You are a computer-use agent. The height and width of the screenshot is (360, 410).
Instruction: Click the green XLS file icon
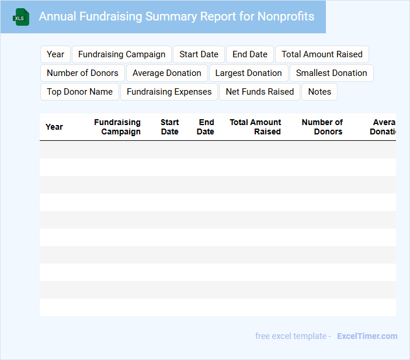(21, 18)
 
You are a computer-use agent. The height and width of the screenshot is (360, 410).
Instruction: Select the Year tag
(55, 54)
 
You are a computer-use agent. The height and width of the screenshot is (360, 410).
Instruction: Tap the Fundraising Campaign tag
(121, 54)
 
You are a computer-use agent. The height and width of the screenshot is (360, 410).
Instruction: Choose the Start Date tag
(199, 54)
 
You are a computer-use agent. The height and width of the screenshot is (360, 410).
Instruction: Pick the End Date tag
(250, 54)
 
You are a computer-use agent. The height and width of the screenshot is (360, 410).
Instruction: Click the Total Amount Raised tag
(322, 54)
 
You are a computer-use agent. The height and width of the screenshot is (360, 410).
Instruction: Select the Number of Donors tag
(82, 73)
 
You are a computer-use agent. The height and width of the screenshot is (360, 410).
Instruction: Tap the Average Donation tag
(166, 73)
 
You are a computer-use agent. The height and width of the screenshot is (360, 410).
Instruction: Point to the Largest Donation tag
(248, 73)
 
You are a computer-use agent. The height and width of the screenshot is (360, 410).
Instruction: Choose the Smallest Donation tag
(331, 73)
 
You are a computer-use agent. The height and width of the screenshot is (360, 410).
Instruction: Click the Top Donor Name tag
(79, 92)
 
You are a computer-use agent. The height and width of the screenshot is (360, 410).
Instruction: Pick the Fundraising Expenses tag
(169, 92)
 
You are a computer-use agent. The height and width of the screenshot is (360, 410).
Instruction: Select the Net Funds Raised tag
(260, 92)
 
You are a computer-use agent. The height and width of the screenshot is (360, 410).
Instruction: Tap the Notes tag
(319, 92)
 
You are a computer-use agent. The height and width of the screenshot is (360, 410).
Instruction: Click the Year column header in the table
(54, 127)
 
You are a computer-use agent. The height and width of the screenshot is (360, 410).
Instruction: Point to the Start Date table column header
(169, 127)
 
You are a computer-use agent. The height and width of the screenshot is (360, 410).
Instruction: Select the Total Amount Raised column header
(255, 127)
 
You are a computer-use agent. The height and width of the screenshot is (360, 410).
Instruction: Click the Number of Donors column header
(322, 127)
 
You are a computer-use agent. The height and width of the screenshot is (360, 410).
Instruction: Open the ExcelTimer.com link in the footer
(367, 336)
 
